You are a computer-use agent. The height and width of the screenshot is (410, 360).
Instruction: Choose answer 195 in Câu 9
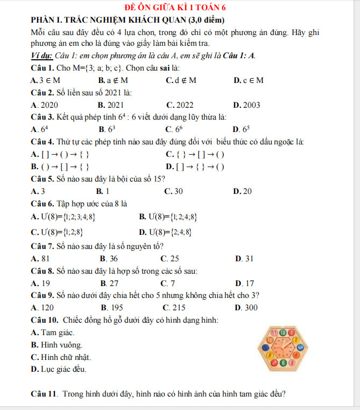point(112,308)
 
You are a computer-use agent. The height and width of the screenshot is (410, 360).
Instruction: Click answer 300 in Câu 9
point(246,308)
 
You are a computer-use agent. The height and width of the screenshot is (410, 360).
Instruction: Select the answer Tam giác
point(53,332)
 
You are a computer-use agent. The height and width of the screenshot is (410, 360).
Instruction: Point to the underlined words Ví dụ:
point(43,55)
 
